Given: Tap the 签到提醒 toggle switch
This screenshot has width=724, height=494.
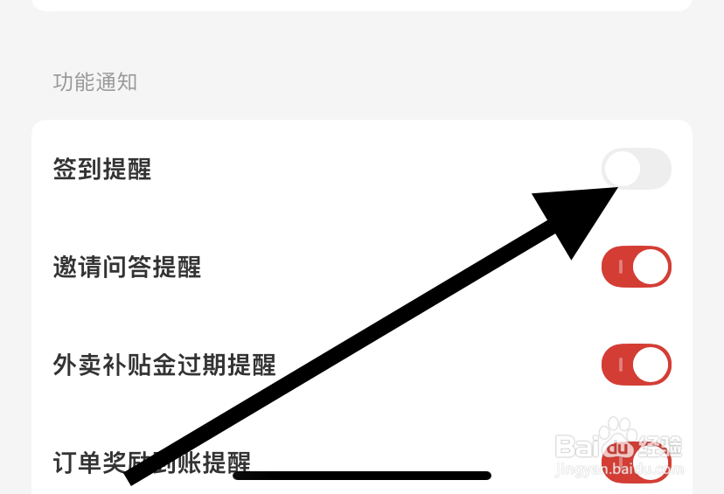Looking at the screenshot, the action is (x=636, y=169).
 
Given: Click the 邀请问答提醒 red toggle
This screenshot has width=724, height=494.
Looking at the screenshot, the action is (x=636, y=267).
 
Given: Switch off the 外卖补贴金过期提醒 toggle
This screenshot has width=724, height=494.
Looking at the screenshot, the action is (x=636, y=365).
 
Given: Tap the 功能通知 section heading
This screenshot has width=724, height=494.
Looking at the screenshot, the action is (x=95, y=82).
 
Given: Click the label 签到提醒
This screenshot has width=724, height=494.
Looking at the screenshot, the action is (x=102, y=169).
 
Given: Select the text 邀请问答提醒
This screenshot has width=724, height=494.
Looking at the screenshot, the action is (x=127, y=267).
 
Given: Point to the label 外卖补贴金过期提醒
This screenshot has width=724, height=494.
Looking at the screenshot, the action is (x=164, y=365).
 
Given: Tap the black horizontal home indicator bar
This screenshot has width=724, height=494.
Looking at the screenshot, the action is (x=361, y=476).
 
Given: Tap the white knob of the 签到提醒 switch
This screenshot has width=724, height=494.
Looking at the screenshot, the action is (x=622, y=169).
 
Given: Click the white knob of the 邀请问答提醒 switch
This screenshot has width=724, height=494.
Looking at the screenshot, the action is (x=651, y=267).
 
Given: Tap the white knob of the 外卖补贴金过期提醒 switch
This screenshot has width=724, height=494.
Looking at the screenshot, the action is (x=651, y=365).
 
